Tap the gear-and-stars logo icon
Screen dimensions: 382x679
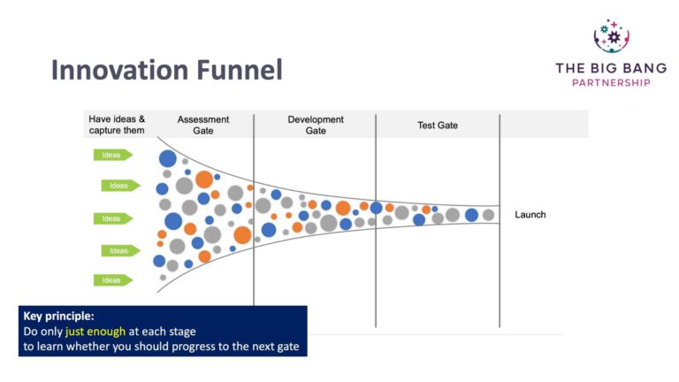tap(611, 36)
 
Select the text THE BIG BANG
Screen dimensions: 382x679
tap(604, 67)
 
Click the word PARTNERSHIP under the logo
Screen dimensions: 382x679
tap(604, 82)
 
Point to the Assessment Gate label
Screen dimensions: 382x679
tap(203, 125)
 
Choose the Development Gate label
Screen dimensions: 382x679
tap(315, 125)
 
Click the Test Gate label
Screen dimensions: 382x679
tap(438, 126)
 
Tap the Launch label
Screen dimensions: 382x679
tap(530, 215)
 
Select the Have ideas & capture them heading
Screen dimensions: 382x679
tap(117, 125)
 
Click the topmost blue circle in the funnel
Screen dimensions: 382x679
tap(167, 159)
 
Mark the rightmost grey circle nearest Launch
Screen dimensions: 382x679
tap(488, 215)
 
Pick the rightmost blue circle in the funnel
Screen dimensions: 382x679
tap(471, 215)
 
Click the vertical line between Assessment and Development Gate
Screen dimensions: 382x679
tap(254, 221)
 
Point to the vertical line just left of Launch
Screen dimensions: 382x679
tap(500, 221)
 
